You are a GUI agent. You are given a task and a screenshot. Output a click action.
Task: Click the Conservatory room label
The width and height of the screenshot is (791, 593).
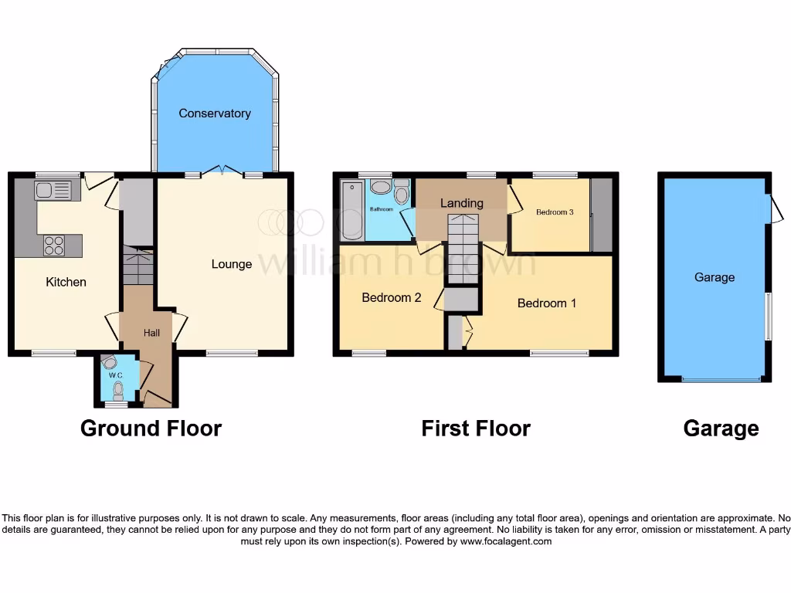(215, 114)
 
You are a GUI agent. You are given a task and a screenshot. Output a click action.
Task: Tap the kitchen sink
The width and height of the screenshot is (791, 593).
(53, 189)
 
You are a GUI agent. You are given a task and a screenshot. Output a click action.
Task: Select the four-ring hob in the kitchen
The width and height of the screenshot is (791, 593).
(54, 246)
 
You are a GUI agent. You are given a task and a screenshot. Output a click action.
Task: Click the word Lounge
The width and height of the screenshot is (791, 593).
(232, 264)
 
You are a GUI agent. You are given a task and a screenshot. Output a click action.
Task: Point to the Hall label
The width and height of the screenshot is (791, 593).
(151, 332)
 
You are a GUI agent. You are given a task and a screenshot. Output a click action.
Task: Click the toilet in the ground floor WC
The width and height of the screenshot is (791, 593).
(117, 391)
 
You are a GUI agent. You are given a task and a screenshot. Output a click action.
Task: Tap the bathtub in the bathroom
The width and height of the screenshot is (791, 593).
(351, 210)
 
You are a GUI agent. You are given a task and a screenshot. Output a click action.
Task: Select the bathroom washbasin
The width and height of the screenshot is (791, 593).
(380, 188)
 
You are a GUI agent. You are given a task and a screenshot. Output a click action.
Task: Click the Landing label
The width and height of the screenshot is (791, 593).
(461, 203)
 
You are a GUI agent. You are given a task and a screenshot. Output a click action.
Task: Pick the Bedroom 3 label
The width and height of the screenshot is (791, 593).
(555, 212)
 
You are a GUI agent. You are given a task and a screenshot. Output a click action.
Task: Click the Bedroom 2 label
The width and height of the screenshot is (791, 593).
(391, 297)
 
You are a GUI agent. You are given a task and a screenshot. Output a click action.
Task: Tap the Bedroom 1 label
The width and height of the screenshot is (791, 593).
(547, 303)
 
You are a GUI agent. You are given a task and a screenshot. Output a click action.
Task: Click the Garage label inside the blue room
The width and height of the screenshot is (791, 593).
(714, 277)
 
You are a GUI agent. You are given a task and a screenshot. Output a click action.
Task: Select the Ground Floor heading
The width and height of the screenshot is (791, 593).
(151, 429)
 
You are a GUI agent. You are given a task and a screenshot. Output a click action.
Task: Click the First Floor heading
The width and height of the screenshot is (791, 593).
(476, 429)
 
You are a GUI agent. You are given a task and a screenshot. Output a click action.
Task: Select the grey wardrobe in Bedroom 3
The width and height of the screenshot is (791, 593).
(601, 215)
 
